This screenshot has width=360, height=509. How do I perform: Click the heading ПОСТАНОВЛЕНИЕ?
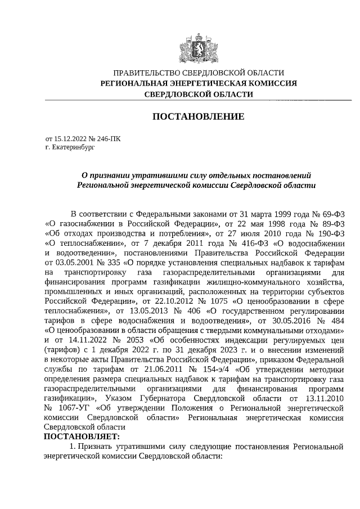[x=199, y=116]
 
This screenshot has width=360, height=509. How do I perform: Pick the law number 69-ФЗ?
[x=330, y=214]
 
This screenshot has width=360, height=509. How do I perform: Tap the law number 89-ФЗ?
[x=331, y=224]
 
